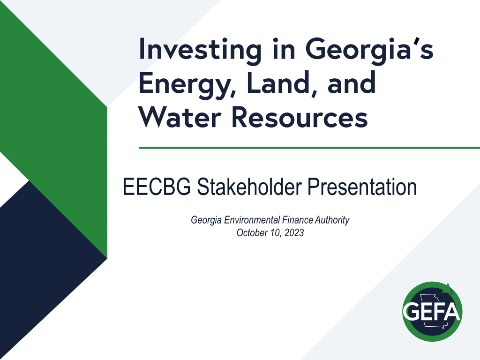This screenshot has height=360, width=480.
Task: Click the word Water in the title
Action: tap(180, 118)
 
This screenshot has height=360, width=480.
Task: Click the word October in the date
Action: tap(252, 232)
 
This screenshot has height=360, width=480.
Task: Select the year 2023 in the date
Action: tap(294, 232)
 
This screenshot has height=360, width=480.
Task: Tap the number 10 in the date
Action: tap(276, 233)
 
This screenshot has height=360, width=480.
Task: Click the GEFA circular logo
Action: tap(432, 311)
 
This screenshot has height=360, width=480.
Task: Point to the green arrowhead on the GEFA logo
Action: tap(448, 289)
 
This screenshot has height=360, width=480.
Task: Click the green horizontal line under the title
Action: tap(309, 148)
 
